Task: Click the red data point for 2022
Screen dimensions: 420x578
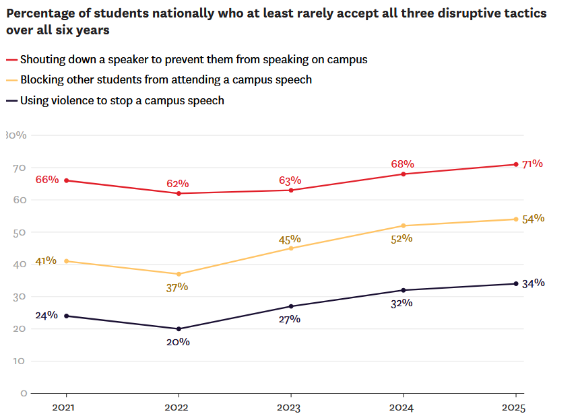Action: pos(179,193)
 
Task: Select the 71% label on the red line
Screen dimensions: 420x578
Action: pos(532,164)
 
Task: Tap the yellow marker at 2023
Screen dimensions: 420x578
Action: pos(291,248)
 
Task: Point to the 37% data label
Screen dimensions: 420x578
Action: pos(178,287)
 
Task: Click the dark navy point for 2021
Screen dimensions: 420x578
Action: pos(66,316)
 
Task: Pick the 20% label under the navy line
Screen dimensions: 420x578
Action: pos(178,342)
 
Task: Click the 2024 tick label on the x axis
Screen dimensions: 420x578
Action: pos(403,408)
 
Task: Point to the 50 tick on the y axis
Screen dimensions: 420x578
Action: pos(20,232)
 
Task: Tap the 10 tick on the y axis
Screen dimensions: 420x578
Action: pos(20,361)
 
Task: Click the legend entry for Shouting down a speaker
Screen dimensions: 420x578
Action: pos(193,59)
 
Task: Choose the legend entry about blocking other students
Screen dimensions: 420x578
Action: pos(166,80)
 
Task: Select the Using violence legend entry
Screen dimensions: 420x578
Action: pos(122,101)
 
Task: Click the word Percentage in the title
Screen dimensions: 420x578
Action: pos(37,13)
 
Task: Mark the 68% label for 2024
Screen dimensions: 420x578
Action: pos(402,164)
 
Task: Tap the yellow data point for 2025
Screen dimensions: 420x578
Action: pos(515,219)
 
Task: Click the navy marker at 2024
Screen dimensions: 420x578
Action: pos(403,290)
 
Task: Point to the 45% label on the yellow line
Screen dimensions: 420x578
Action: pos(290,240)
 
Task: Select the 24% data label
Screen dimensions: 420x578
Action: pos(46,316)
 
